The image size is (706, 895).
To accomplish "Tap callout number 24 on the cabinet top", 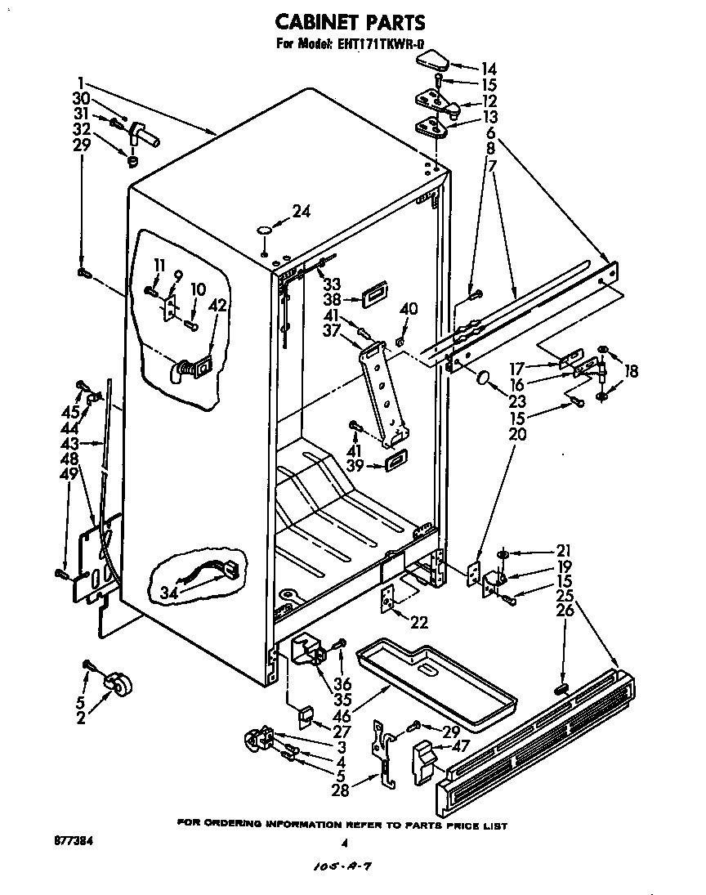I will [x=301, y=212].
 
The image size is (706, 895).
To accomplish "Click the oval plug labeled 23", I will [x=483, y=379].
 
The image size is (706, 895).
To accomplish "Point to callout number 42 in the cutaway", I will [x=217, y=307].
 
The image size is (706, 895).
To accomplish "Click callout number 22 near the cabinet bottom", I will [x=418, y=623].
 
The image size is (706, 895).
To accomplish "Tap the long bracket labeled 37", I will [x=382, y=392].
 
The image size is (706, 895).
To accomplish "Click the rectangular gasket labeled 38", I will [x=375, y=293].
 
